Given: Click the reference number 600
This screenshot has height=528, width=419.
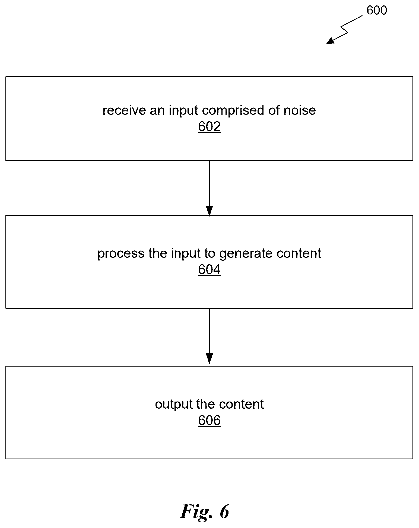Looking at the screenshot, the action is (x=377, y=10).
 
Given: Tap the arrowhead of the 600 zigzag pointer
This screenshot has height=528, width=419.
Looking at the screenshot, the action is (x=330, y=41).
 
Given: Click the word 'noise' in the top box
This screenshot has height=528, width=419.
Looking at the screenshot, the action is (x=300, y=110).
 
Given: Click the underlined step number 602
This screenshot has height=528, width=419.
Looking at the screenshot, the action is (x=209, y=126).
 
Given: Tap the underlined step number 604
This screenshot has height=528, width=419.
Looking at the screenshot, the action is (x=209, y=269).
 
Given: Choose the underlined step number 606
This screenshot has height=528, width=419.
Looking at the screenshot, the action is (x=209, y=420).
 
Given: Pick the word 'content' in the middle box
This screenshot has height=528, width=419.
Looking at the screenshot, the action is (x=299, y=253).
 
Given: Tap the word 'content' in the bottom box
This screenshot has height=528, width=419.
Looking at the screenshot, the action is (x=242, y=404).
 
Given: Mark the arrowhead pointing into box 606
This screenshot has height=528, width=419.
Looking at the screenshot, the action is (x=209, y=358).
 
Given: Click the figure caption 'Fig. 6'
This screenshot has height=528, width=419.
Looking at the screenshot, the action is (x=205, y=511).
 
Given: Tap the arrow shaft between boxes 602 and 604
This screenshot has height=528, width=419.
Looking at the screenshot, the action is (x=209, y=183).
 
